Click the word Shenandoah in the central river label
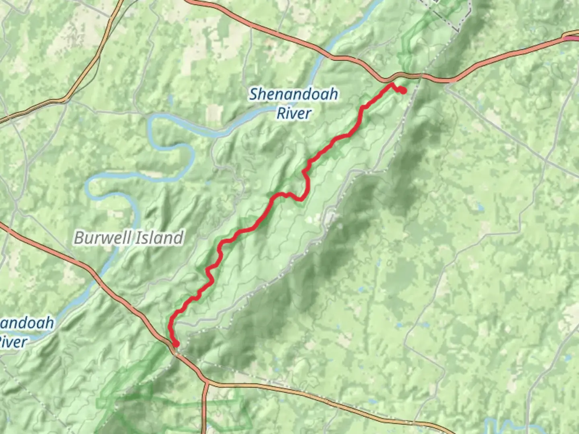pos(294,95)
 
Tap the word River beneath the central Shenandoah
pos(294,114)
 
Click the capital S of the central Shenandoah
pos(254,95)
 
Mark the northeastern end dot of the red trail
pos(402,91)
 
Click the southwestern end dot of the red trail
pos(176,344)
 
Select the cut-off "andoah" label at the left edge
pos(27,323)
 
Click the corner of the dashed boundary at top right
pos(458,30)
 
